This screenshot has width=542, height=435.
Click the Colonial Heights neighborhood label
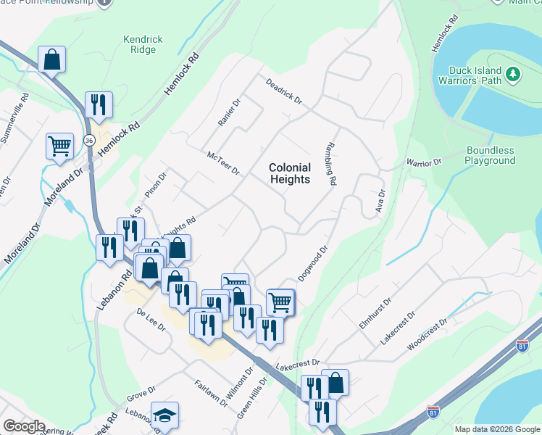click(x=290, y=173)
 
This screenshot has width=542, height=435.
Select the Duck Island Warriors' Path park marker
click(x=514, y=74)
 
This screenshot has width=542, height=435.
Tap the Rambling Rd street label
click(x=333, y=163)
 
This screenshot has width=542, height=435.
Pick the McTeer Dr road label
click(x=222, y=162)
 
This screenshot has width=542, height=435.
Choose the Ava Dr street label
click(x=380, y=201)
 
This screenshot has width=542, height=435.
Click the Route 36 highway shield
click(x=89, y=139)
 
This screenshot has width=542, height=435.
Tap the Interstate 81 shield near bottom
click(x=433, y=413)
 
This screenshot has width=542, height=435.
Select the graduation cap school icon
click(x=164, y=415)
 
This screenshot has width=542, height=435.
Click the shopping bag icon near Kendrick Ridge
click(x=51, y=59)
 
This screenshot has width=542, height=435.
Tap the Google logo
click(x=24, y=426)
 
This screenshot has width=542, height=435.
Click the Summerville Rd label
click(x=25, y=107)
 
